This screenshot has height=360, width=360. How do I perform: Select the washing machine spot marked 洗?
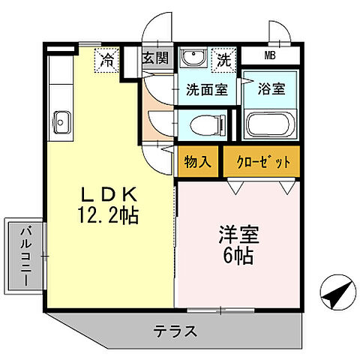(223, 58)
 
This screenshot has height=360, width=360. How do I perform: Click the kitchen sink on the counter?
(61, 120)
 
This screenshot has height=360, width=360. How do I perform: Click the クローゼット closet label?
(262, 161)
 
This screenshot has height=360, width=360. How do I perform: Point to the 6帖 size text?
(238, 256)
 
